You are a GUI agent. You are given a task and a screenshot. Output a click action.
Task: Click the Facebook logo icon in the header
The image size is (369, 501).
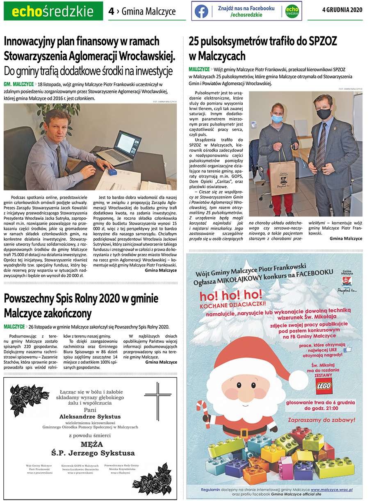click(x=201, y=11)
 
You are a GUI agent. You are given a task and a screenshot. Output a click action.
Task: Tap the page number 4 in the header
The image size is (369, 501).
click(x=111, y=11)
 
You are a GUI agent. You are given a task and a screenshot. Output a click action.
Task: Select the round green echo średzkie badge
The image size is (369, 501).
click(x=292, y=11)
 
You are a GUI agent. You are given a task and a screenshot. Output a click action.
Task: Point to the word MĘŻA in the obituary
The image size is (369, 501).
click(x=92, y=444)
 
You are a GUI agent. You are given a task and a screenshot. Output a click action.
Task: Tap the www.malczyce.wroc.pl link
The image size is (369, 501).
click(x=332, y=490)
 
